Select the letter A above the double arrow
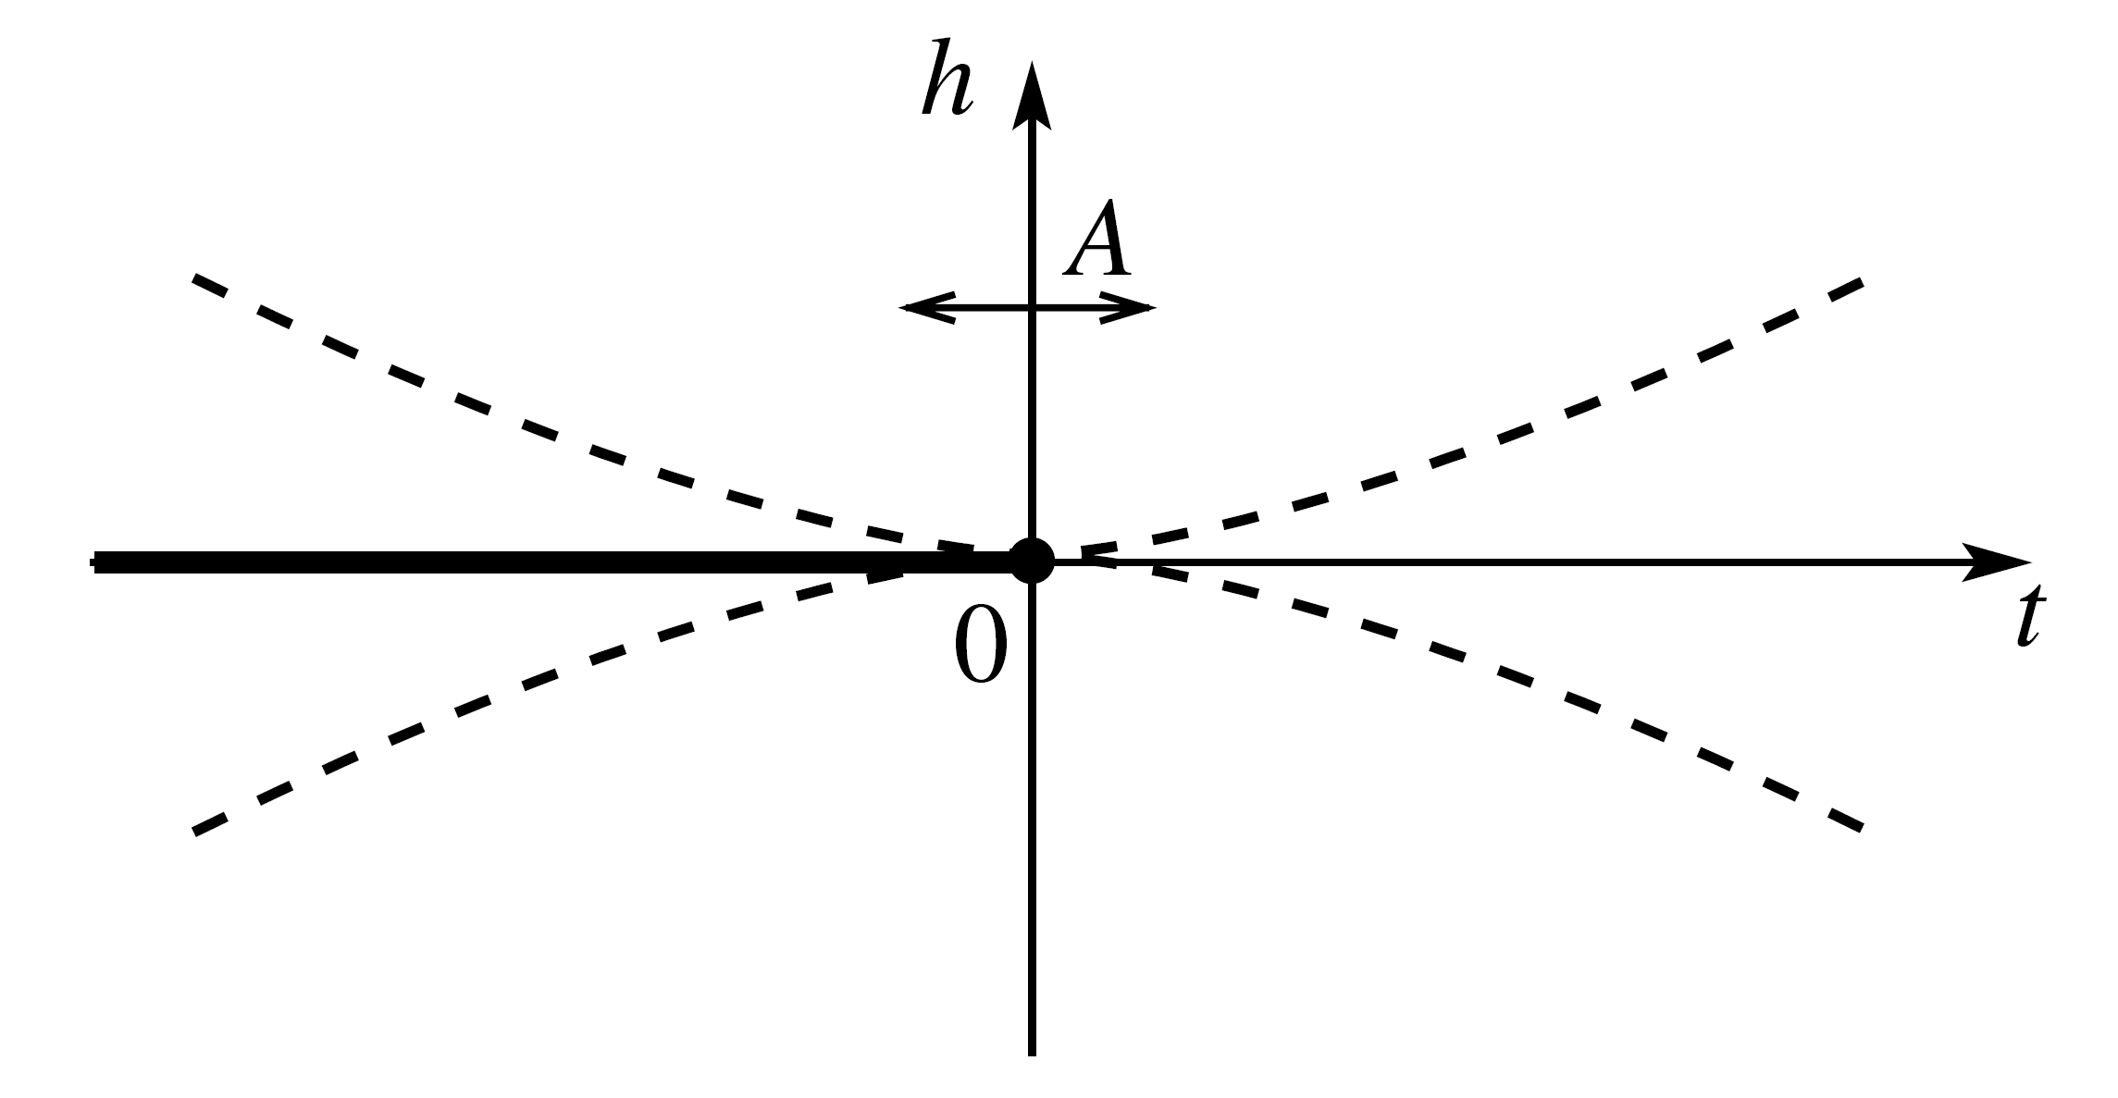[x=1098, y=241]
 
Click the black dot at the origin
[x=1032, y=561]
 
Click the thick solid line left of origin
[x=555, y=561]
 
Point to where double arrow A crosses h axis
[x=1032, y=307]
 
